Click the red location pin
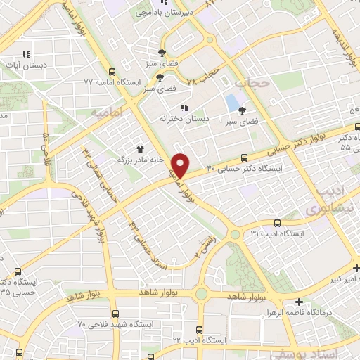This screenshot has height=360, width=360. [x=181, y=165]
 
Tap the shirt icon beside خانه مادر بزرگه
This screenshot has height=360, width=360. [x=140, y=149]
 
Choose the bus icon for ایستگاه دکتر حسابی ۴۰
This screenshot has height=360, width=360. [x=244, y=158]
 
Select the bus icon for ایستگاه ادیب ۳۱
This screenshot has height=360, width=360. [x=277, y=222]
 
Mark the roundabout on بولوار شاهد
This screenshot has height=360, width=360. [x=202, y=295]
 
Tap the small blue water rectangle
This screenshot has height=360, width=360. [x=231, y=103]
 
